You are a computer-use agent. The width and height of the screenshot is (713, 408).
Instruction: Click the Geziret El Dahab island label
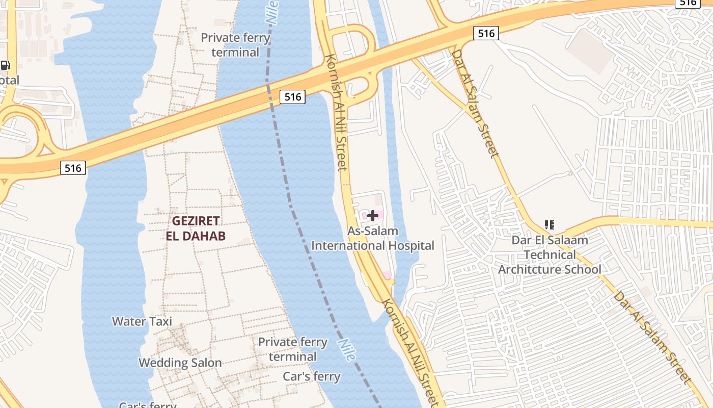click(196, 228)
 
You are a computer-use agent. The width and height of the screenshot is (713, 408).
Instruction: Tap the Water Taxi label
click(142, 321)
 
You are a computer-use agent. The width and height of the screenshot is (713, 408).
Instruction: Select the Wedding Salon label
click(180, 363)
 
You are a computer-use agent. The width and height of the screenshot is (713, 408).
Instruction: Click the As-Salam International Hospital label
click(373, 238)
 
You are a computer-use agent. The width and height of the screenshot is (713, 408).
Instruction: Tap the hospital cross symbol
click(373, 216)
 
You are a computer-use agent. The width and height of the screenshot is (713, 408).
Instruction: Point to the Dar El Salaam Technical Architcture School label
click(550, 254)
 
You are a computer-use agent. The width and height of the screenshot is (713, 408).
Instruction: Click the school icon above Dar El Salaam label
click(549, 224)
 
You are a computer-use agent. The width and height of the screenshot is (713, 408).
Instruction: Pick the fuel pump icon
click(5, 65)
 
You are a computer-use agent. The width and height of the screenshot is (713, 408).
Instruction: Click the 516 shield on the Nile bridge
click(292, 96)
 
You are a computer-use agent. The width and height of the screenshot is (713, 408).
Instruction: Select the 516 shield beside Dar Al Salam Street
click(486, 34)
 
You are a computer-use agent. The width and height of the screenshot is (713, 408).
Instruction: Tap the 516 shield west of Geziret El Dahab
click(73, 167)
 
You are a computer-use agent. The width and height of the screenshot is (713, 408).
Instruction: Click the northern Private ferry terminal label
click(235, 45)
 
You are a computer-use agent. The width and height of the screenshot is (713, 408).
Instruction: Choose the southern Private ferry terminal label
click(293, 349)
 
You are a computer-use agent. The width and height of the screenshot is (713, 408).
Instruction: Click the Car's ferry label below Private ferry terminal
click(312, 377)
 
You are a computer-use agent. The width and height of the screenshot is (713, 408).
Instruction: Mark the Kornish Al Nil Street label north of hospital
click(336, 112)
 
